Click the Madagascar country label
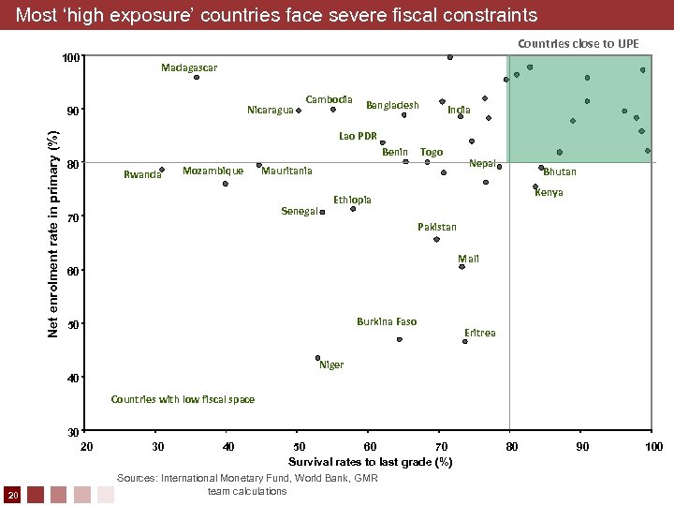(188, 67)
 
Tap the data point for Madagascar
(197, 77)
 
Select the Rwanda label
(141, 174)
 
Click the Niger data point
(318, 358)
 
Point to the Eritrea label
(480, 333)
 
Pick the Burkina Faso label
(387, 321)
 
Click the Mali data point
(462, 267)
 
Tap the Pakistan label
(436, 227)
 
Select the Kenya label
(549, 192)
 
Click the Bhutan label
(560, 171)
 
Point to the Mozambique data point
(226, 184)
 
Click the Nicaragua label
(270, 111)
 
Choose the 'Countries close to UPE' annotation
(579, 43)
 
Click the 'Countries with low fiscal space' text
(183, 399)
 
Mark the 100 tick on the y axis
(69, 58)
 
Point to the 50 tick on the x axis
(298, 447)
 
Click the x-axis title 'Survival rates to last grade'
(370, 462)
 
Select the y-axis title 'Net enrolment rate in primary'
(53, 233)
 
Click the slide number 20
(12, 494)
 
